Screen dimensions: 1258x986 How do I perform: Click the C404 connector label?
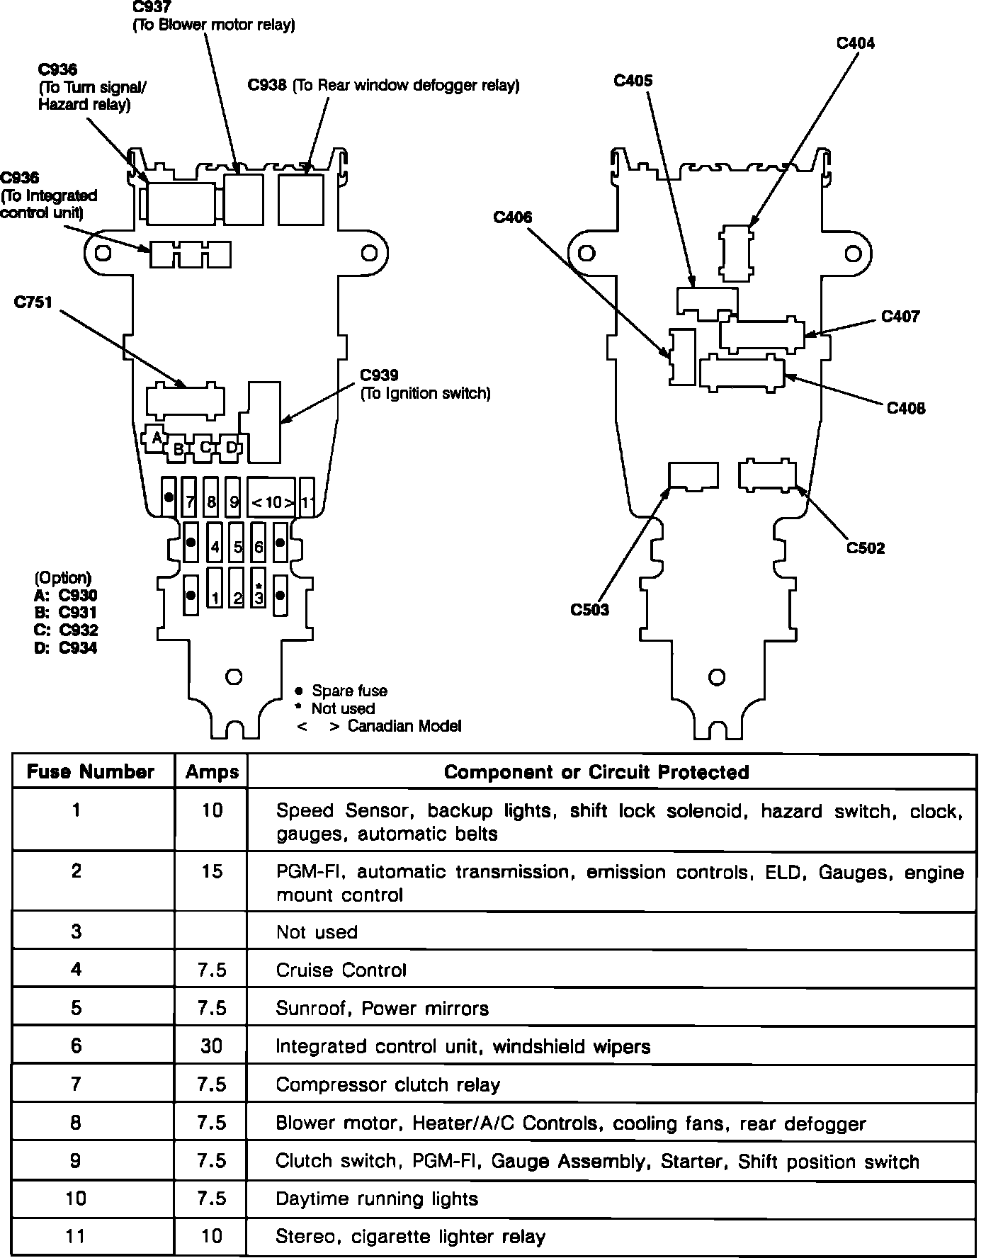(x=855, y=43)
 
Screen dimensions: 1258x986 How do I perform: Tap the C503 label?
(x=589, y=609)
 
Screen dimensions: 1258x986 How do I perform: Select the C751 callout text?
(x=33, y=302)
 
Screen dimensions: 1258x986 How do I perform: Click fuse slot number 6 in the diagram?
(x=259, y=546)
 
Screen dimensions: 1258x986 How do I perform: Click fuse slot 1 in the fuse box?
(x=215, y=596)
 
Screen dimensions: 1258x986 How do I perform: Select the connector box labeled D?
(x=231, y=447)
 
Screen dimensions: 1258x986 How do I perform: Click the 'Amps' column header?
(x=212, y=772)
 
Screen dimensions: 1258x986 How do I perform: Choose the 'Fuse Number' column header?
(x=91, y=772)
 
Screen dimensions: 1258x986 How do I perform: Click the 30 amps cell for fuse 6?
(x=212, y=1045)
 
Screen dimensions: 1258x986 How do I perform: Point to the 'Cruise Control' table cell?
(x=341, y=970)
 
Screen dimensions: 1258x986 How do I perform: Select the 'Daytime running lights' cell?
(x=377, y=1198)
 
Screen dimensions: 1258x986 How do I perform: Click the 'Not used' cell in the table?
(x=317, y=931)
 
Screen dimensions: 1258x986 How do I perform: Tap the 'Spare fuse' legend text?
(x=349, y=691)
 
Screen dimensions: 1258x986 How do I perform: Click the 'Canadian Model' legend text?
(x=404, y=726)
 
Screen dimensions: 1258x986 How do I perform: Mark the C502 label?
(x=866, y=548)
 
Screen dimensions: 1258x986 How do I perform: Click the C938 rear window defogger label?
(x=383, y=85)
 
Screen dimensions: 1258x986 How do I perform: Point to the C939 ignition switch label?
(x=424, y=384)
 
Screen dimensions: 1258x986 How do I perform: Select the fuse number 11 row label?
(x=76, y=1236)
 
